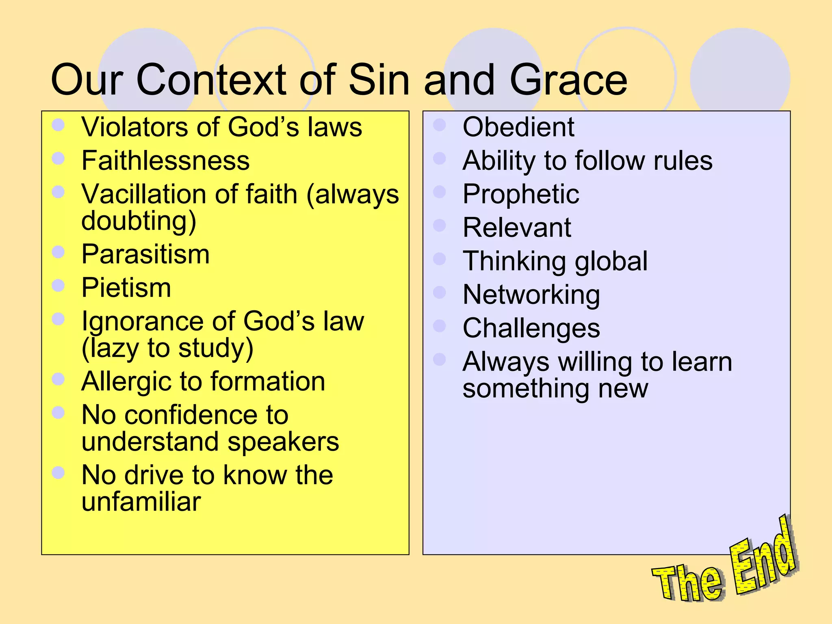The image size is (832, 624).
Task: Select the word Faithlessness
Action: point(165,160)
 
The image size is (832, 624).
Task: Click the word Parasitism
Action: point(145,254)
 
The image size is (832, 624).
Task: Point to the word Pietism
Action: point(126,288)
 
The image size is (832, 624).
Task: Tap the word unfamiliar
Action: point(141,502)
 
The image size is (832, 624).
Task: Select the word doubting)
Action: point(139,222)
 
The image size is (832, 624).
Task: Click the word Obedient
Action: point(518,127)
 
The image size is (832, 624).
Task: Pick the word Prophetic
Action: point(521,194)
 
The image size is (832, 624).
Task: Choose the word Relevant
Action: point(517,227)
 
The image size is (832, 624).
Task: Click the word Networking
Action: point(531,295)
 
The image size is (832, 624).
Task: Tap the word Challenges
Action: point(531,328)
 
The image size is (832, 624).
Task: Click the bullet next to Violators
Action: point(58,125)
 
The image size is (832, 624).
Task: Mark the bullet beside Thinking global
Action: point(440,259)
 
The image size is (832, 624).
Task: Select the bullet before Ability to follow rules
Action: point(440,158)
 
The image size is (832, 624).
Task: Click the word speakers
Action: point(283,442)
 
